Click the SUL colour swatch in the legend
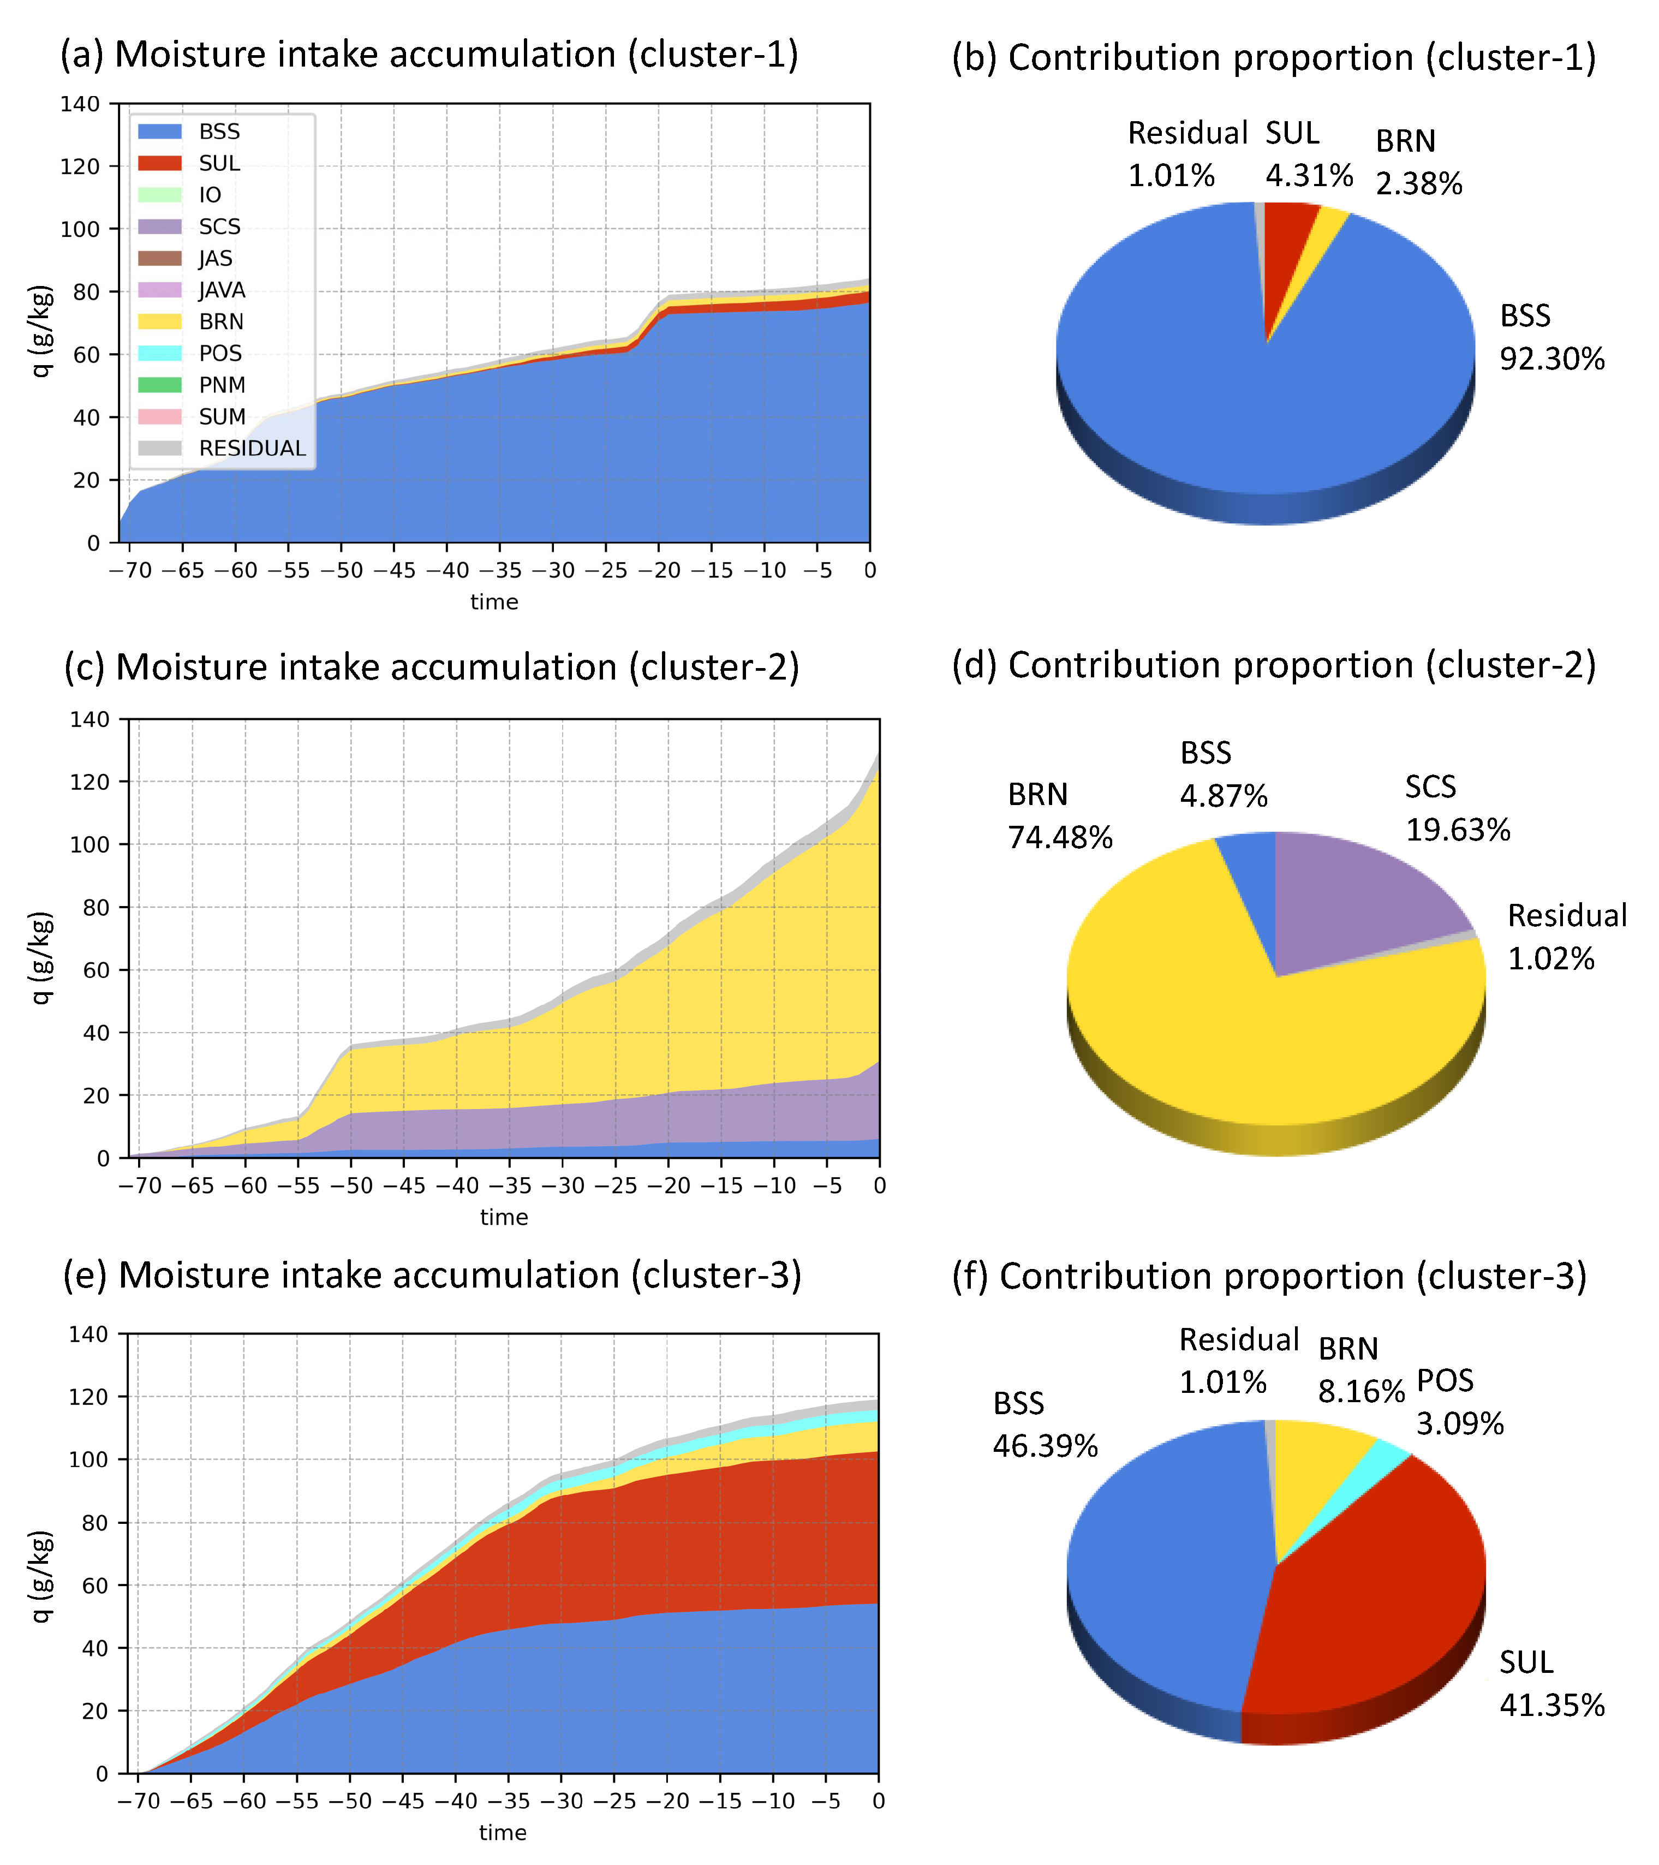(160, 163)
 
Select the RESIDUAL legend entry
(252, 448)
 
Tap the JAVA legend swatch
(160, 290)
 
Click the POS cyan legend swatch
(160, 353)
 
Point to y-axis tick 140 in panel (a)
(80, 104)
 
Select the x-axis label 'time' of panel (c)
(504, 1217)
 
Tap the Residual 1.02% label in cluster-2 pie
(1566, 937)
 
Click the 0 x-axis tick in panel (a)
(870, 570)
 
